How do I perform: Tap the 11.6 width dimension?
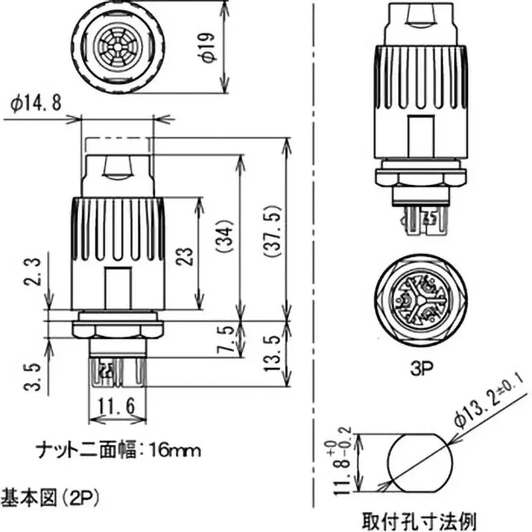coord(117,404)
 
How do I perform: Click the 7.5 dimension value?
coord(227,340)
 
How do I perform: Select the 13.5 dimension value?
coord(273,353)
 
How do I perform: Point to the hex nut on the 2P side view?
coord(118,329)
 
